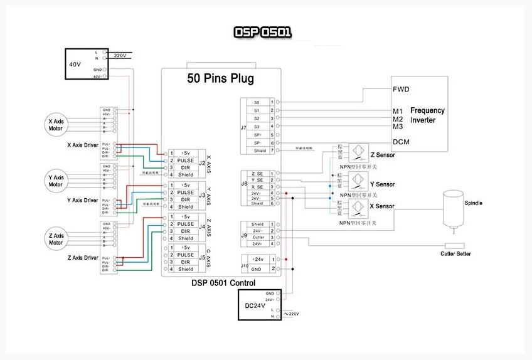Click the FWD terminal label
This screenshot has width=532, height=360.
pyautogui.click(x=401, y=89)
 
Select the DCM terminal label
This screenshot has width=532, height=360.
pyautogui.click(x=401, y=142)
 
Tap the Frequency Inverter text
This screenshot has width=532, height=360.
pyautogui.click(x=427, y=115)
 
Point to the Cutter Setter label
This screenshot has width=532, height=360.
pyautogui.click(x=455, y=254)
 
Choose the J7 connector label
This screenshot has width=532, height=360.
pyautogui.click(x=243, y=127)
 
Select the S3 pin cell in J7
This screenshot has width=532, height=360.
pyautogui.click(x=257, y=126)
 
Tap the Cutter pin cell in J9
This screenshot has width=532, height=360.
pyautogui.click(x=258, y=237)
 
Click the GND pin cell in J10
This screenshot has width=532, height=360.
pyautogui.click(x=258, y=268)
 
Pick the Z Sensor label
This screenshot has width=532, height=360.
pyautogui.click(x=382, y=154)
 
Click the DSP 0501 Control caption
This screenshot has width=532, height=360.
pyautogui.click(x=223, y=283)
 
